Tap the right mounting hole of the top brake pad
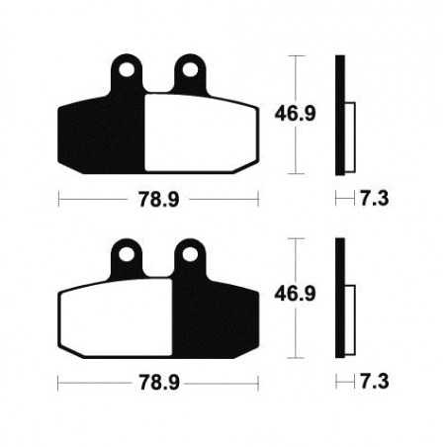click(x=187, y=71)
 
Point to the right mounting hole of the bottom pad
click(x=187, y=255)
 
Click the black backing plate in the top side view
click(x=340, y=114)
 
